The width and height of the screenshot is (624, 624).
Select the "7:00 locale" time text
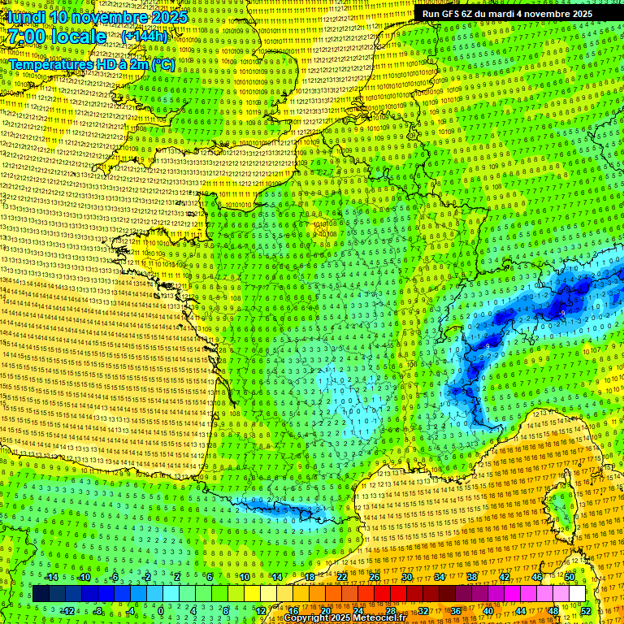click(x=57, y=37)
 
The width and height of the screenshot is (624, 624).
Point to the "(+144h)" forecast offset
click(x=145, y=37)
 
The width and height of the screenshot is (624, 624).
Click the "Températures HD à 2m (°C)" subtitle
click(x=92, y=64)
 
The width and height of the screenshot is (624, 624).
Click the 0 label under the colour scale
click(x=161, y=610)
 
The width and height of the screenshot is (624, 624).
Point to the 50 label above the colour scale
click(x=570, y=577)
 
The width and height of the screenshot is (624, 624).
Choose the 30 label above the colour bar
click(x=406, y=577)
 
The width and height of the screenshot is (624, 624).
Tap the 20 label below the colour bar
click(x=325, y=610)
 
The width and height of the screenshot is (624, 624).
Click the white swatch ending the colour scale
click(x=577, y=594)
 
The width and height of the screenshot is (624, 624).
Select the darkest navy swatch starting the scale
click(x=41, y=594)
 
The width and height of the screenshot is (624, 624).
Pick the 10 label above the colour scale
click(x=244, y=577)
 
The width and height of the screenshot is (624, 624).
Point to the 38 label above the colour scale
click(x=472, y=577)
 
